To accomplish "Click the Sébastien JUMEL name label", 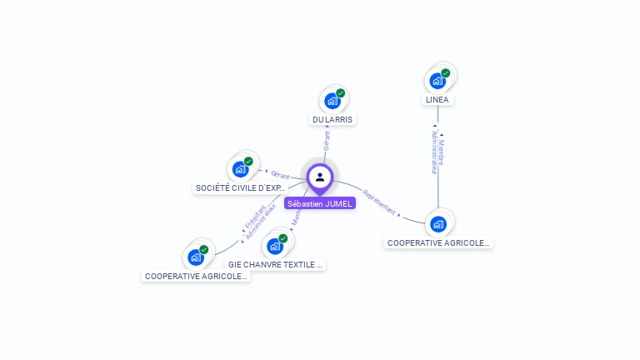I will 319,203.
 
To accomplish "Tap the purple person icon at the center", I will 320,177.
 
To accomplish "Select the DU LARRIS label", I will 332,119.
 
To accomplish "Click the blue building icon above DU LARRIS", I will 332,102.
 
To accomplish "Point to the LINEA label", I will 437,99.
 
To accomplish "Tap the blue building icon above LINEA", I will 437,82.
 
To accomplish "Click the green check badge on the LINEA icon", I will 446,73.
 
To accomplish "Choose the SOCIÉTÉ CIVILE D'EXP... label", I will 240,188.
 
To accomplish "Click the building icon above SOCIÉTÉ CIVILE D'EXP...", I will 240,170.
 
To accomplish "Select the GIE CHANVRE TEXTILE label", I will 275,264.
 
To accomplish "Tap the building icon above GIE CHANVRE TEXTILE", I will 274,247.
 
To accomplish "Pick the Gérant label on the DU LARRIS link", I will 326,140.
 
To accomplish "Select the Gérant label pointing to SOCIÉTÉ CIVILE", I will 280,174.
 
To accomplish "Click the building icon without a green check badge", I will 438,223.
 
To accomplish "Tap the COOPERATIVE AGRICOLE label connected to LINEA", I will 438,242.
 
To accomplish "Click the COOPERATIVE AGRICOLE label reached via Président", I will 196,276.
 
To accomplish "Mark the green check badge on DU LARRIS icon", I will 341,93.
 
